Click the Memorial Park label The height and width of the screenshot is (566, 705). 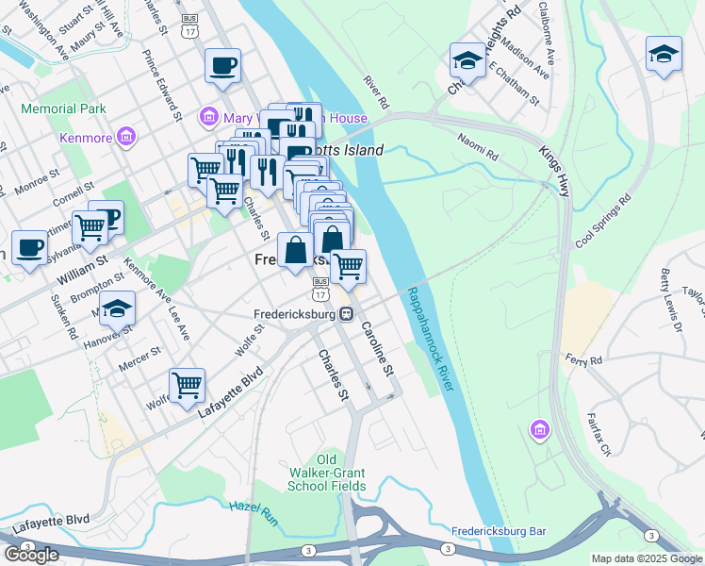tap(63, 109)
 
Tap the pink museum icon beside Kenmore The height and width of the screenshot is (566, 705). tap(124, 139)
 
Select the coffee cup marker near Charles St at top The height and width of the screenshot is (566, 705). tap(222, 66)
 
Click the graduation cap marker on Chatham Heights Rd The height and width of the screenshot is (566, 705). tap(466, 61)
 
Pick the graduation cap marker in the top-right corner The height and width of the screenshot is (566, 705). tap(664, 54)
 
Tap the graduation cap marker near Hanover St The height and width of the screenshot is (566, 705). tap(118, 308)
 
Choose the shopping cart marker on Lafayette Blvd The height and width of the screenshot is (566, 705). tap(188, 385)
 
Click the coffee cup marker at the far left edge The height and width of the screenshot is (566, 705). tap(29, 249)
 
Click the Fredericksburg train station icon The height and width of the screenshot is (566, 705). tap(347, 314)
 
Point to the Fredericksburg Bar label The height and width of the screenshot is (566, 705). tap(499, 531)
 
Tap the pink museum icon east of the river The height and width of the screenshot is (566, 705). tap(539, 430)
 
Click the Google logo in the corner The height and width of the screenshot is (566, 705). tap(30, 555)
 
